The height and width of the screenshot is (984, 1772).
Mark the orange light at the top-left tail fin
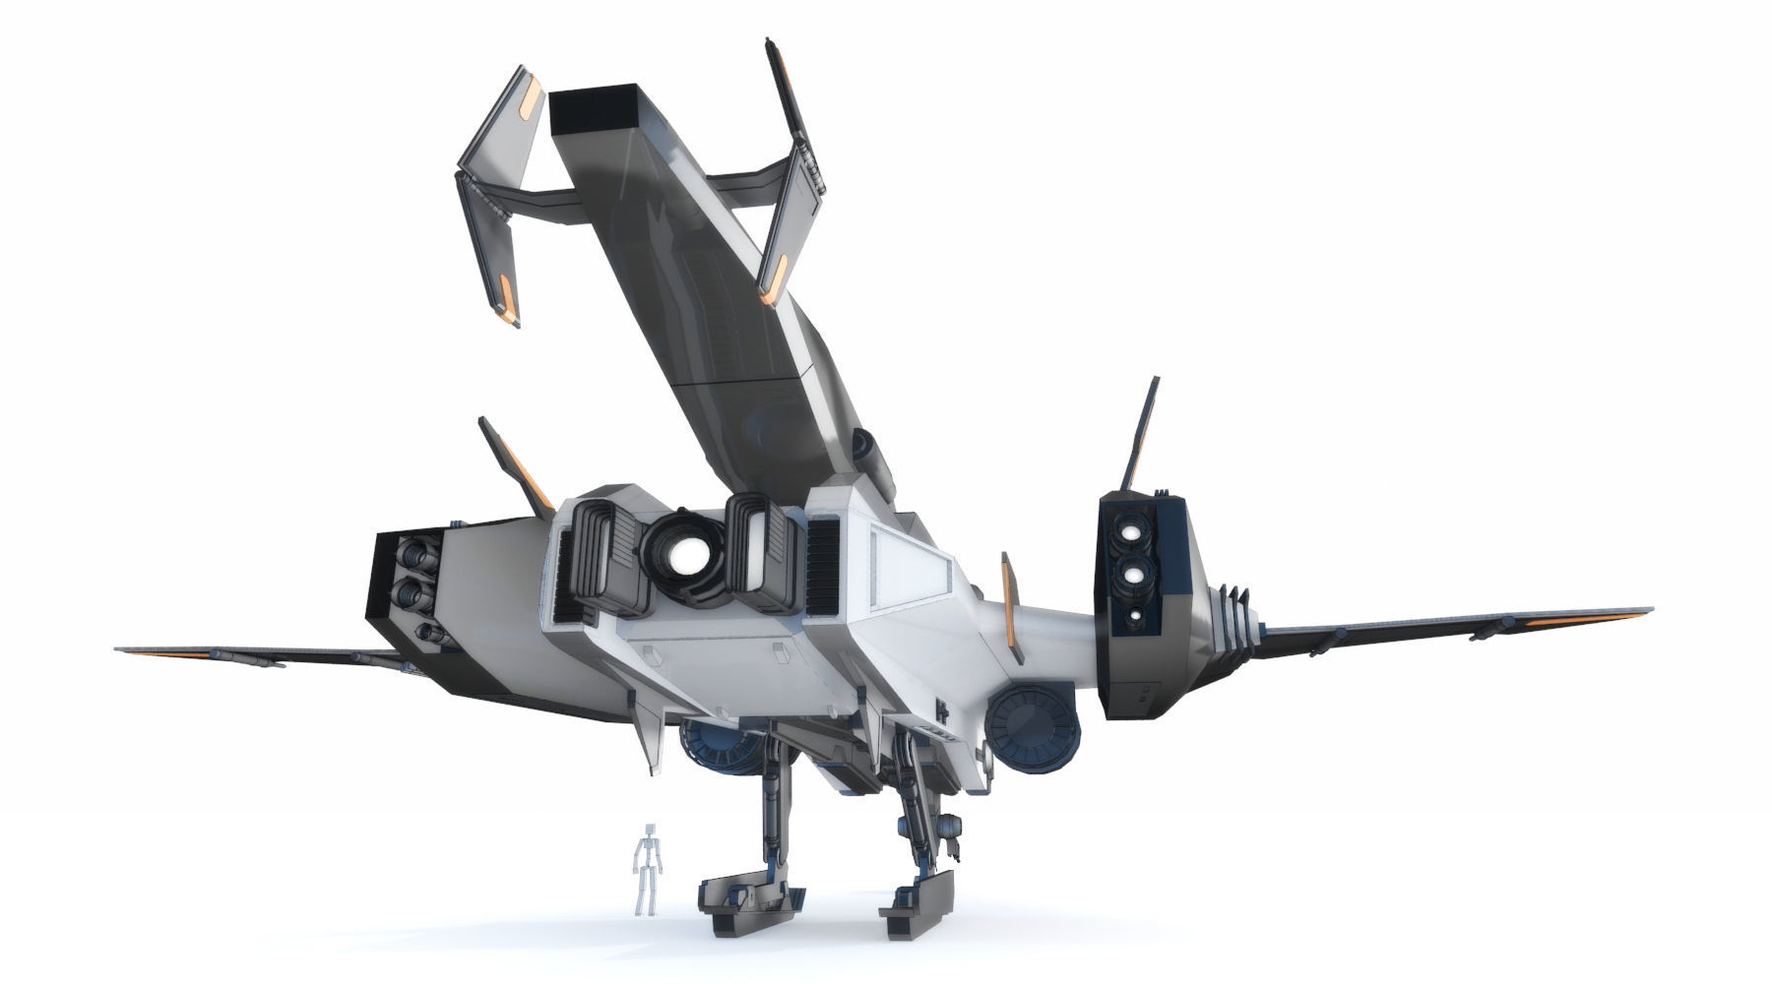(532, 96)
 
